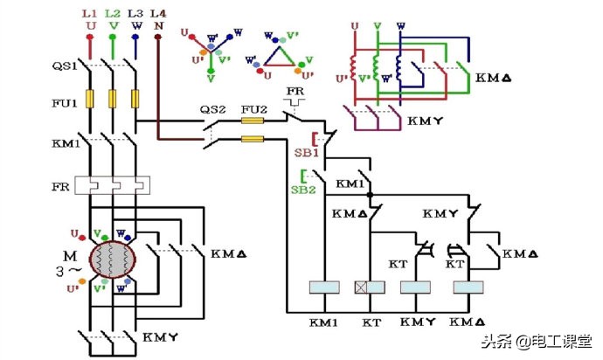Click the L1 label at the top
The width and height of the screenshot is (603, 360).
tap(89, 15)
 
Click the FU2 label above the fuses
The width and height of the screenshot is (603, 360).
tap(253, 108)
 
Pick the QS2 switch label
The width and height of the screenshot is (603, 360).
tap(213, 108)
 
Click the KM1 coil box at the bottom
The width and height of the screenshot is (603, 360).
tap(325, 287)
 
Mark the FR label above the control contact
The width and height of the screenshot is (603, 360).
tap(294, 91)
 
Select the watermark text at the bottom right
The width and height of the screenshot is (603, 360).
tap(541, 342)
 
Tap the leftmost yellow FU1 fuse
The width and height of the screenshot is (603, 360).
tap(89, 99)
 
